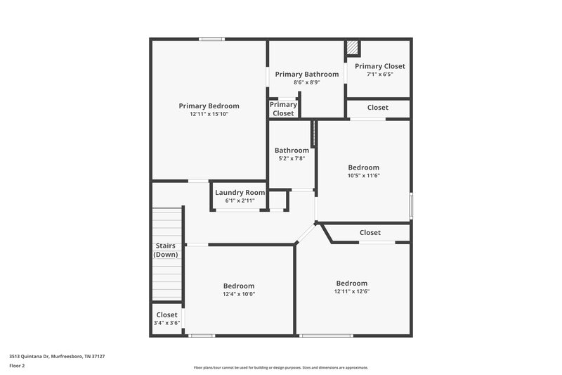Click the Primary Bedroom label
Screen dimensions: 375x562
tap(209, 106)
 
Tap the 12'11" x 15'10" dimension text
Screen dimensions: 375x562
tap(209, 114)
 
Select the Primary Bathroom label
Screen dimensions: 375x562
tap(306, 74)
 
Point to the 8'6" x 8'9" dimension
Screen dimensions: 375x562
tap(306, 82)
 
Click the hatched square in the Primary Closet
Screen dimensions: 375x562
tap(353, 48)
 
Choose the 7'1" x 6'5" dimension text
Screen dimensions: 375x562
tap(379, 75)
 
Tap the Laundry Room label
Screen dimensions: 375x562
tap(240, 192)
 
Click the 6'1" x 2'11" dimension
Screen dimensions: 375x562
tap(240, 201)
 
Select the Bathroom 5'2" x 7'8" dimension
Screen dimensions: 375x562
tap(292, 158)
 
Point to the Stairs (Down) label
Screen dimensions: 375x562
tap(166, 250)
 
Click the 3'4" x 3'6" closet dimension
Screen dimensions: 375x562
tap(166, 323)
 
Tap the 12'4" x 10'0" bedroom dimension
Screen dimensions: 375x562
tap(239, 294)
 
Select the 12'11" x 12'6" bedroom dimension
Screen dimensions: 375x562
tap(351, 291)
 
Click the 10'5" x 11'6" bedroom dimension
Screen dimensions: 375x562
tap(363, 176)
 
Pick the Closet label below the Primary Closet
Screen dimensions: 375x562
tap(378, 108)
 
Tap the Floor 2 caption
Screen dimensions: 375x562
tap(17, 366)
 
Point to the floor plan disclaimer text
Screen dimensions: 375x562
tap(280, 367)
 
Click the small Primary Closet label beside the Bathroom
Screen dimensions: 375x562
tap(283, 109)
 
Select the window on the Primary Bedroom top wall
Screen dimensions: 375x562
tap(211, 39)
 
